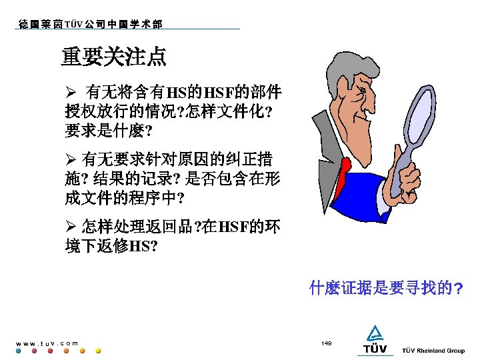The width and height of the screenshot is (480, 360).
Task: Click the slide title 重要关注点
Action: pyautogui.click(x=114, y=57)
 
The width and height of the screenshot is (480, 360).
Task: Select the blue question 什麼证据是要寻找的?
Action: pyautogui.click(x=387, y=289)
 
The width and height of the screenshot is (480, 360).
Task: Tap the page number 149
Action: pyautogui.click(x=326, y=343)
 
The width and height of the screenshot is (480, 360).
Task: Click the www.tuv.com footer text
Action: pyautogui.click(x=47, y=343)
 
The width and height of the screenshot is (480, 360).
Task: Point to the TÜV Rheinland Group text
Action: pyautogui.click(x=433, y=351)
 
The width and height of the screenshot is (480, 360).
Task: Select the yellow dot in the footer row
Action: pyautogui.click(x=98, y=351)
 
